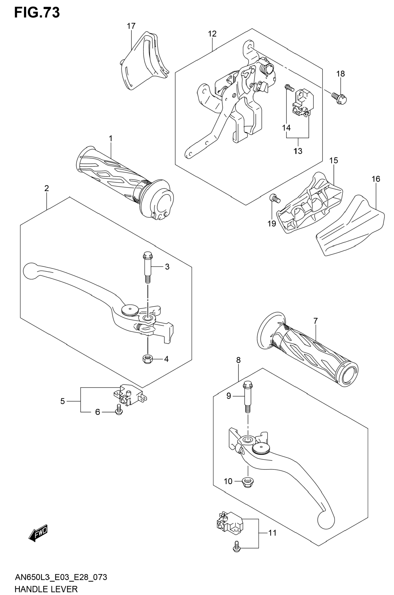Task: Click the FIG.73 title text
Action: tap(37, 13)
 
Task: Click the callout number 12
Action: tap(212, 34)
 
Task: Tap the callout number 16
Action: tap(376, 179)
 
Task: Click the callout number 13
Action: tap(298, 151)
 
